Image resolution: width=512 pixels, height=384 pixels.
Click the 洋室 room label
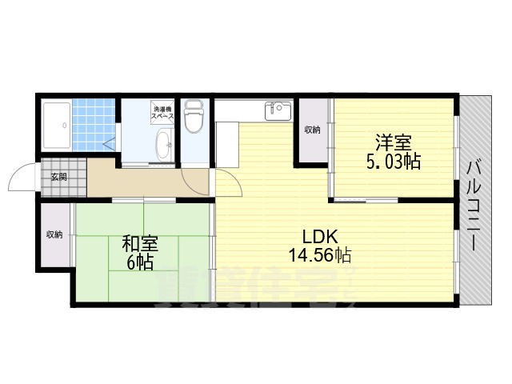pos(393,143)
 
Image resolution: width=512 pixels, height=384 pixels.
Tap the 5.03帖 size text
pos(393,162)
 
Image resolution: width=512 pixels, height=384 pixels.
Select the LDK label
pos(319,238)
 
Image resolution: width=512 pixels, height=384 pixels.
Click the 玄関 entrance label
pos(59,178)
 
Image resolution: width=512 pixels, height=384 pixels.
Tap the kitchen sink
pos(278,110)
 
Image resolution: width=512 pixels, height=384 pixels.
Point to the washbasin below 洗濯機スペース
pos(163,145)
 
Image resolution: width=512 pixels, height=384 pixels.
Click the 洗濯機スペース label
pos(163,113)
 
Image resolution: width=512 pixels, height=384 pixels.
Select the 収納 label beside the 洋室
pos(312,130)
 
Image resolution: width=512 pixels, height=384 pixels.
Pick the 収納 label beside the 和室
pos(54,234)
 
